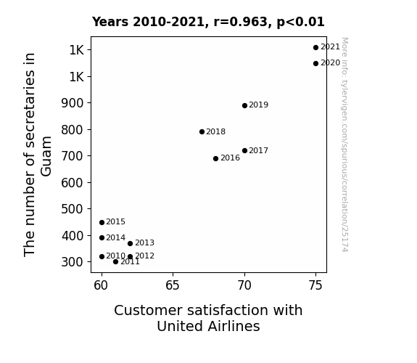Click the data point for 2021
tap(315, 47)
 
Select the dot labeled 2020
tap(315, 63)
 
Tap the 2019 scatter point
tap(244, 105)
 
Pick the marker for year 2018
tap(202, 131)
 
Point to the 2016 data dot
tap(215, 158)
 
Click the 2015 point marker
tap(102, 222)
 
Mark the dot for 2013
tap(130, 243)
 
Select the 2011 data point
tap(115, 262)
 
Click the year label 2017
tap(258, 150)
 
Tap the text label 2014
tap(116, 237)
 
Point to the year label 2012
tap(144, 256)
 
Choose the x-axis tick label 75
tap(315, 285)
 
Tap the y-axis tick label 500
tap(73, 209)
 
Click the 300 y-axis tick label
tap(73, 262)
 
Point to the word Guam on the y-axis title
tap(46, 156)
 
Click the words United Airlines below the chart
tap(208, 326)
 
